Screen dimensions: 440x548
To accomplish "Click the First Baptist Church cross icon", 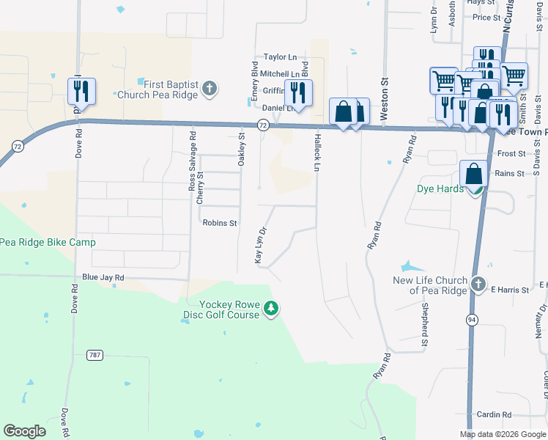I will point(210,89).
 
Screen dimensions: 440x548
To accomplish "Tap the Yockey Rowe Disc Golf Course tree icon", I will point(271,309).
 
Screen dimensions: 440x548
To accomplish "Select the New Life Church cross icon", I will point(478,284).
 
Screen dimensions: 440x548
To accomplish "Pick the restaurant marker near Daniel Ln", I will point(298,93).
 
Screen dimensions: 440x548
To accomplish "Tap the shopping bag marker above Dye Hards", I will point(474,175).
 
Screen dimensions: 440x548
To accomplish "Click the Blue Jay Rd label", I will point(103,278).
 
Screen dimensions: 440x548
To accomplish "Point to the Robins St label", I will point(220,223).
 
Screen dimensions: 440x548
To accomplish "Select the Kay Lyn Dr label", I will point(258,245).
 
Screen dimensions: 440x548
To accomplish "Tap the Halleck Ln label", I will point(317,152).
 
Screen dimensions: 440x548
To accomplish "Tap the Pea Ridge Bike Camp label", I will point(48,242).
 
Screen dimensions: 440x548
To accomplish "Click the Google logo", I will point(24,431).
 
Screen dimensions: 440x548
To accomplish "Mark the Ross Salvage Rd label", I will point(193,166).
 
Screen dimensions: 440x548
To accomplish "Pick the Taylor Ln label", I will point(280,56).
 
